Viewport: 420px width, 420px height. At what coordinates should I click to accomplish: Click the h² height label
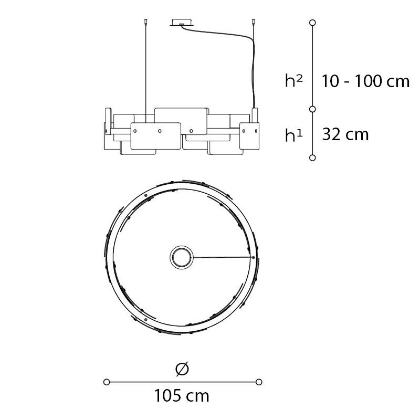294,80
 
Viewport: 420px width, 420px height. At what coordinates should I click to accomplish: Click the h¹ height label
294,135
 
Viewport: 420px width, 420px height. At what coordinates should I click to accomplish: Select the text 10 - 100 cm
365,81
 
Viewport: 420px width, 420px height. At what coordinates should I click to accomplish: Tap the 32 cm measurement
345,134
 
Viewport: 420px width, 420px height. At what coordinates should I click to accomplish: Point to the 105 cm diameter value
182,396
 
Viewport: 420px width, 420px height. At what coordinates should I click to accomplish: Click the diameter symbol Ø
182,369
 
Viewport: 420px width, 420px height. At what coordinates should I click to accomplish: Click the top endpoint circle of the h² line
312,23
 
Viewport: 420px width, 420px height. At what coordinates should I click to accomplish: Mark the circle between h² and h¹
312,109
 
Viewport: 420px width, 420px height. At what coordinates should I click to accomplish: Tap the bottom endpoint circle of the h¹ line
312,158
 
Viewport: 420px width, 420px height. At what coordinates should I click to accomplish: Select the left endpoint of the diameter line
107,382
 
